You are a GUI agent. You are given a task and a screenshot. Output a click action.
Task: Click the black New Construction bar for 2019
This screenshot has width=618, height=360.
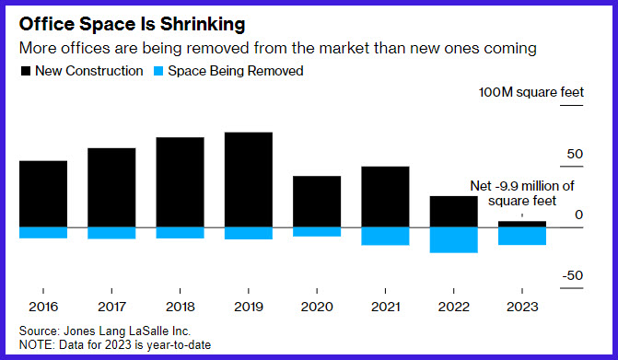point(249,180)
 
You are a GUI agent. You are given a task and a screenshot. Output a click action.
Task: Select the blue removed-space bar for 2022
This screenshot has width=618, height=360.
point(454,240)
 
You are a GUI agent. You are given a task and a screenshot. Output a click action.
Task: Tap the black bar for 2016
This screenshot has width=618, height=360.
point(43,193)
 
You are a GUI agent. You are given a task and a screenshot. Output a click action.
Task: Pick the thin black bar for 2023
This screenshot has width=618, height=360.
point(522,224)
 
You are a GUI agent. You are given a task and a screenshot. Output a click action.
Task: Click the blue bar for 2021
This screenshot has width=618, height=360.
point(385,237)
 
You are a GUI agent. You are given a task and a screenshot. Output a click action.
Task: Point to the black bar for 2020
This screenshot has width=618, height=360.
point(317,202)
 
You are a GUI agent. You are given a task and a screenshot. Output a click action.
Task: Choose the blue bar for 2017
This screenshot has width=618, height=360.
point(111,233)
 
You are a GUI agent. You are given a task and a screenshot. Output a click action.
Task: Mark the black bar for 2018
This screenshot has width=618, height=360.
point(181,182)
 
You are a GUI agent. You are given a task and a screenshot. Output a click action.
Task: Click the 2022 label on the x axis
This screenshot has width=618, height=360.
point(454,307)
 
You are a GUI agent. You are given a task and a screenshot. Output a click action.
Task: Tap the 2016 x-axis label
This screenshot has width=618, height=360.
point(43,307)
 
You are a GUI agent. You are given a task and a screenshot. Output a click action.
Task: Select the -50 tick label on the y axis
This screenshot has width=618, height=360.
point(573,275)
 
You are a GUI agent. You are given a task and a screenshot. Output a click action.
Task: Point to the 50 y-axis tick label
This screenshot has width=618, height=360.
point(575,154)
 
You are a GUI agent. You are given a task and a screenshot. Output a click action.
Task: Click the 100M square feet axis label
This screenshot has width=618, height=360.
point(531,92)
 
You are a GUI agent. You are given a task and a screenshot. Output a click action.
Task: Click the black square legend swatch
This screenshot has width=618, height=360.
point(26,71)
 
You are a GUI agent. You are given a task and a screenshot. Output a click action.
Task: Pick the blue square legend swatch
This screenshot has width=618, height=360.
point(158,71)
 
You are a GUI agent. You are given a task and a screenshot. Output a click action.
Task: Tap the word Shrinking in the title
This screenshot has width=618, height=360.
point(203,25)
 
